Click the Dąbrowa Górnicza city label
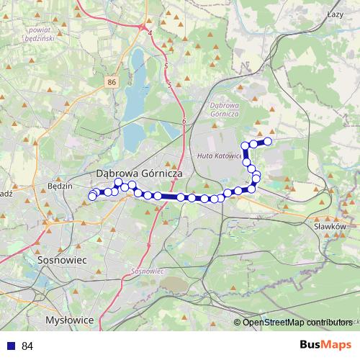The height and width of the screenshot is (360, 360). (140, 174)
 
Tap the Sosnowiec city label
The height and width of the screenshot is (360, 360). (60, 258)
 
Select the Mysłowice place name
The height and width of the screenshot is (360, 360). (69, 319)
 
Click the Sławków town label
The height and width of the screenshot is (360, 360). (330, 225)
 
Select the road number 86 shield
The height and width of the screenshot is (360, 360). (110, 83)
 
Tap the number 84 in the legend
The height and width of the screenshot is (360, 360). (27, 346)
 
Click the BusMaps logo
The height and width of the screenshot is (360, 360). (325, 346)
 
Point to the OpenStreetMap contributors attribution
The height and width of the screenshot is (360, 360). (297, 322)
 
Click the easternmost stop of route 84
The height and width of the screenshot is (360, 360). (269, 141)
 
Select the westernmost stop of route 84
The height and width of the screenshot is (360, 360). (91, 197)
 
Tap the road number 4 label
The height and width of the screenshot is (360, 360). (150, 33)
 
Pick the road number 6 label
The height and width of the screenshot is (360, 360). (184, 122)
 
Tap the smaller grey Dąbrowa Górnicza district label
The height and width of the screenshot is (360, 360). (224, 109)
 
